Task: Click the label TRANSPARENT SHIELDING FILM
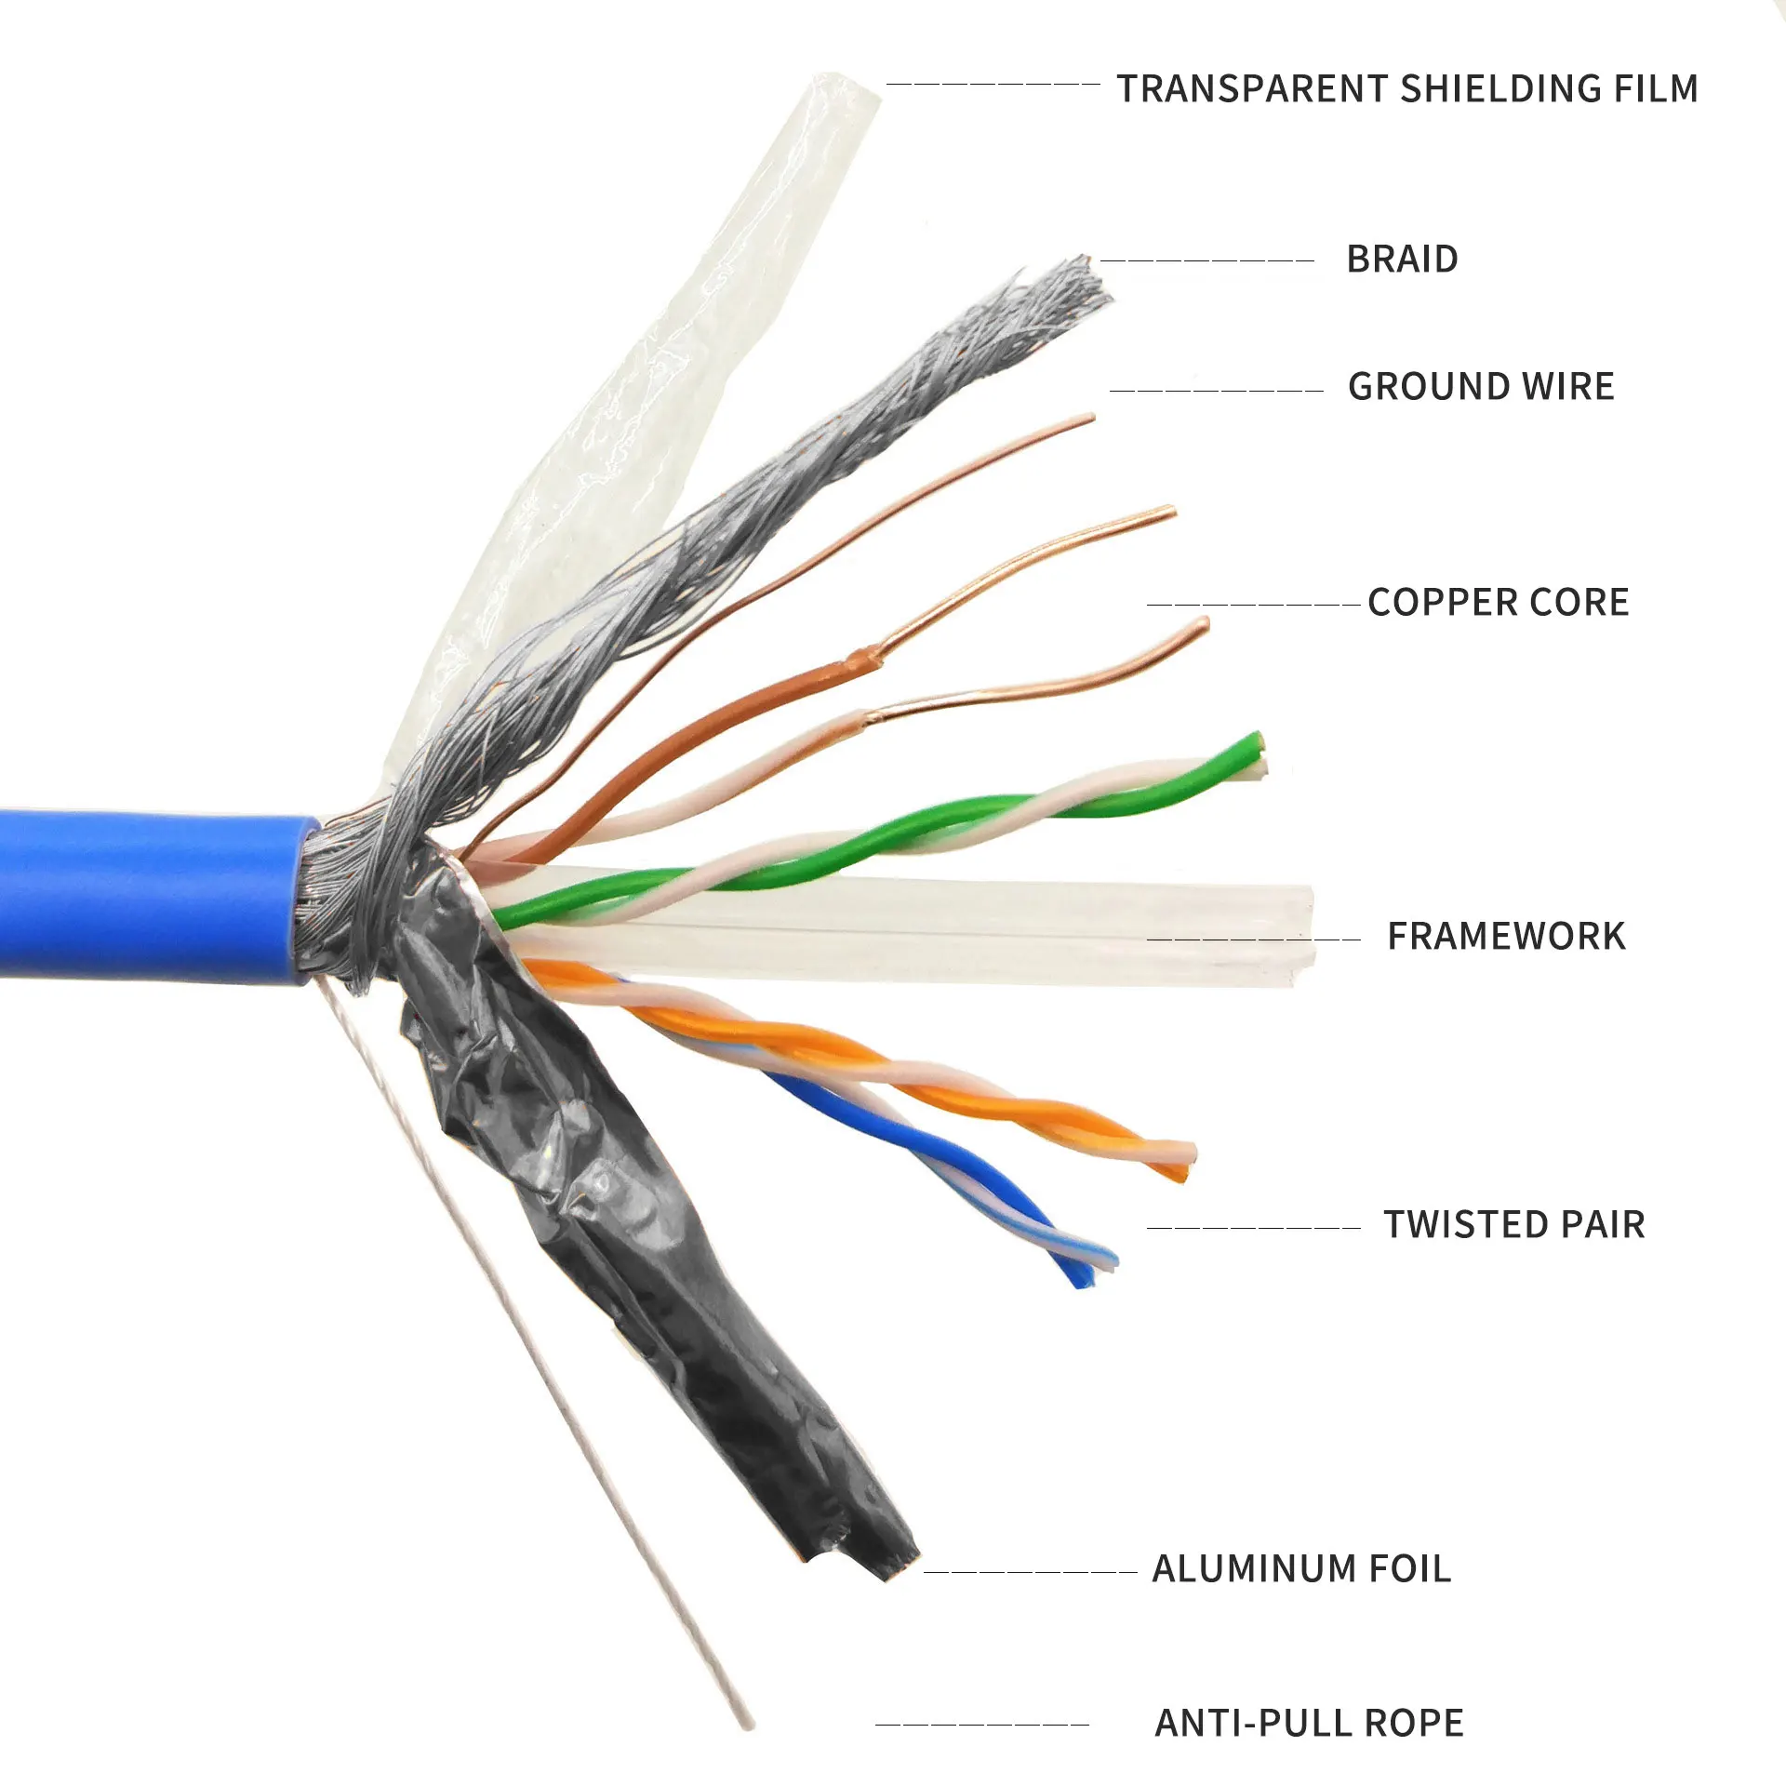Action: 1407,88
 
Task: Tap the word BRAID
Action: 1402,260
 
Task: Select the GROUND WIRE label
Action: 1481,387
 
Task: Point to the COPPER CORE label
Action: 1498,603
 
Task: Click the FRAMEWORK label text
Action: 1506,937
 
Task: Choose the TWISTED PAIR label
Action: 1514,1225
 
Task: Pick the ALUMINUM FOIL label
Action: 1301,1569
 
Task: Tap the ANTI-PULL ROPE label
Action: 1309,1724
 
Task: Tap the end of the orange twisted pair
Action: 1186,1163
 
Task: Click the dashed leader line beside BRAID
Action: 1206,261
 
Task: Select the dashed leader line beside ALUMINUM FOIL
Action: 1030,1573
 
